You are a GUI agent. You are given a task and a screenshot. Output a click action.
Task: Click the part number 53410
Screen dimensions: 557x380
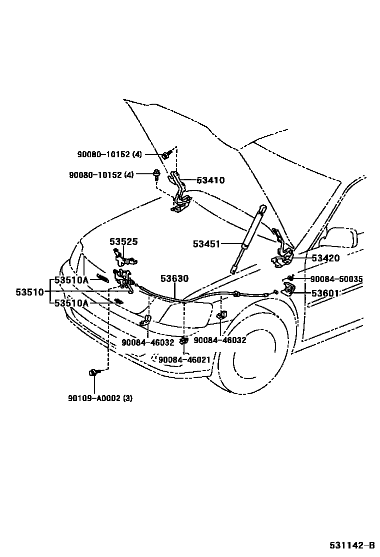210,180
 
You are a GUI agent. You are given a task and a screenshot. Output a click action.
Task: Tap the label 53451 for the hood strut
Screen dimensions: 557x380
206,244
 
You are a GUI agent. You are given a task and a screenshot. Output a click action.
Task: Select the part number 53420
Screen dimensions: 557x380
325,258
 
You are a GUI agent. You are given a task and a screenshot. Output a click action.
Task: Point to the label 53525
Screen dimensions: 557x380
123,241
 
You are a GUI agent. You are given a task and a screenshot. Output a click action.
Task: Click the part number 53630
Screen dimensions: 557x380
174,278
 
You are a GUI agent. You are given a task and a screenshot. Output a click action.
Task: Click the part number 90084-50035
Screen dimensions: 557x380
336,279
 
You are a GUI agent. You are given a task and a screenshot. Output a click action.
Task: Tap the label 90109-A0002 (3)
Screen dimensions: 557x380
100,398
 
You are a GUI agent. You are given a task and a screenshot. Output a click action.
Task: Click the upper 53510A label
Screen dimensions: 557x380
71,280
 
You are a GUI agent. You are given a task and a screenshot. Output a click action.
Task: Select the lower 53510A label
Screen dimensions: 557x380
71,303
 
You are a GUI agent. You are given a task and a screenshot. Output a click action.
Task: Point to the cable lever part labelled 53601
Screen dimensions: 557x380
288,290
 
